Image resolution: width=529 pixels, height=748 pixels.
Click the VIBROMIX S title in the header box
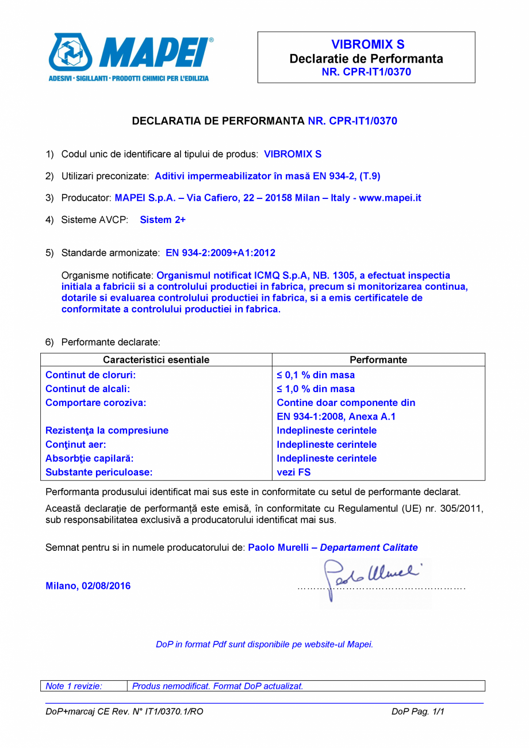pos(367,45)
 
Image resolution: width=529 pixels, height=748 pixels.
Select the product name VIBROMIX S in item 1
pos(293,154)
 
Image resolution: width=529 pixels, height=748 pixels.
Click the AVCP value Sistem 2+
pos(163,220)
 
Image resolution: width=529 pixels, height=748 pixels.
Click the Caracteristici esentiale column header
pos(156,360)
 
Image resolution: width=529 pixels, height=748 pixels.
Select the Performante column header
pos(378,360)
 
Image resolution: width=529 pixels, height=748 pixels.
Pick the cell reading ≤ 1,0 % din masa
pos(316,389)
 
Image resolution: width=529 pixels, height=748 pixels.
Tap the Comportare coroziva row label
pos(95,402)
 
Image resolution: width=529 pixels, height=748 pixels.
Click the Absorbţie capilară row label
pos(90,458)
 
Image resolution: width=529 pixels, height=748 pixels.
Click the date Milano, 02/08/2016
pos(88,586)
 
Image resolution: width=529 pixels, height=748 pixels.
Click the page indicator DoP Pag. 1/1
pos(419,712)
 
